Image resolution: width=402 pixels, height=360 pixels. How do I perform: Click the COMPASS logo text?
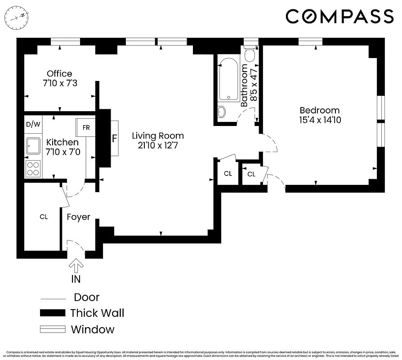pos(339,17)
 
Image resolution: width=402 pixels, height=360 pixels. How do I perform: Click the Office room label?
pos(59,74)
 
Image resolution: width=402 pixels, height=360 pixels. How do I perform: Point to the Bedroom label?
pos(319,110)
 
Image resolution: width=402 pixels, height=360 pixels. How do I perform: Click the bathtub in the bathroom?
pos(229,79)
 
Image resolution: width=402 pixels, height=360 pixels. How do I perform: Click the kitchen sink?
pos(33,146)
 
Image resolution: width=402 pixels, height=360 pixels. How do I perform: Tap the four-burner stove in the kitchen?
pos(33,169)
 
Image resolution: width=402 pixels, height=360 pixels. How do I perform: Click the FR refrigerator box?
pos(86,127)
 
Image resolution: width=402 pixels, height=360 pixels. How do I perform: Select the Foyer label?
pos(78,217)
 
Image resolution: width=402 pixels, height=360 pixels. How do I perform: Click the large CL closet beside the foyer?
pos(43,217)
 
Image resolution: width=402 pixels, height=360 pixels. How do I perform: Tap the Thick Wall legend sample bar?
pos(52,313)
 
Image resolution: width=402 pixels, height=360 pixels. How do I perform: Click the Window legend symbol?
pos(52,329)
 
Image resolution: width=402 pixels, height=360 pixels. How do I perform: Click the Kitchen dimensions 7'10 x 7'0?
pos(63,152)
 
